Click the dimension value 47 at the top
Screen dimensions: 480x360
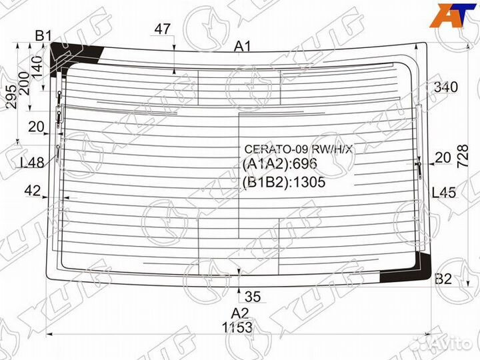tap(162, 29)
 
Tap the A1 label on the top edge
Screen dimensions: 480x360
tap(243, 47)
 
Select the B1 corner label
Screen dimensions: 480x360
tap(43, 36)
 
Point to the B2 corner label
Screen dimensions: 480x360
tap(443, 279)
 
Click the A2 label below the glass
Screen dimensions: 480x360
tap(240, 313)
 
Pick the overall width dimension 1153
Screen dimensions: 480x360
tap(237, 327)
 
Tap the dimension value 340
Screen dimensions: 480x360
tap(446, 87)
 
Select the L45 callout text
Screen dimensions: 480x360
tap(444, 193)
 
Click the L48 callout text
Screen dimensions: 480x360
tap(32, 163)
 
